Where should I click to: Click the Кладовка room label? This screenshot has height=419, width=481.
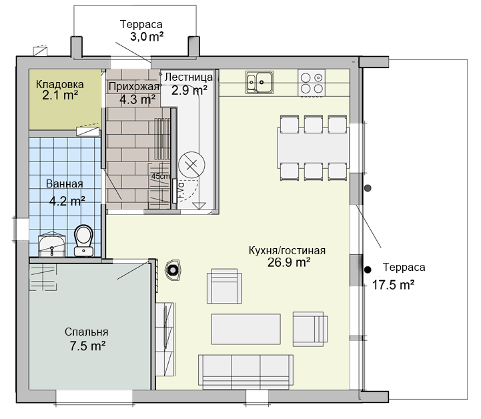click(x=59, y=84)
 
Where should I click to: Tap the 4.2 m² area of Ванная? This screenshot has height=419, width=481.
click(x=67, y=201)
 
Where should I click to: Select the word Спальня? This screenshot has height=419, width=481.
click(x=87, y=332)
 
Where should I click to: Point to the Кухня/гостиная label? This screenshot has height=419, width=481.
click(x=287, y=251)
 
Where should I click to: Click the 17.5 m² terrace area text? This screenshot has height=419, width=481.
click(x=393, y=285)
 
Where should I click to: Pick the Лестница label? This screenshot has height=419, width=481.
click(x=189, y=77)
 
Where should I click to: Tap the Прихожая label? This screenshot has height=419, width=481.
click(x=134, y=87)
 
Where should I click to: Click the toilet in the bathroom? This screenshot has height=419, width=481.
click(x=84, y=241)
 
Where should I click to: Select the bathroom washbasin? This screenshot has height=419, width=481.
click(x=52, y=244)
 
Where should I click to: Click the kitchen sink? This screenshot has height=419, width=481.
click(x=260, y=83)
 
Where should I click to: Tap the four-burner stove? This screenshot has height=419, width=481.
click(x=312, y=83)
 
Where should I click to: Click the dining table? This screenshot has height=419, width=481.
click(x=313, y=148)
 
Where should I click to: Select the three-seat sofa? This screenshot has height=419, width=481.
click(x=246, y=372)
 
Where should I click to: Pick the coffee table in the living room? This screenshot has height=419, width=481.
click(x=246, y=329)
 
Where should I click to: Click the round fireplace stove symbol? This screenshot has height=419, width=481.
click(x=173, y=270)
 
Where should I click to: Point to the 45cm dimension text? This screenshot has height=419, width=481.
click(x=160, y=176)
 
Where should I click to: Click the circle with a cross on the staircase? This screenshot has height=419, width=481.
click(x=191, y=165)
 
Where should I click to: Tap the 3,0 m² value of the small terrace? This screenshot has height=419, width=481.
click(x=147, y=37)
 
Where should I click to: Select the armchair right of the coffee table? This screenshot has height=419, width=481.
click(x=310, y=329)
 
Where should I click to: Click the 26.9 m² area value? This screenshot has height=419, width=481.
click(x=289, y=263)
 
